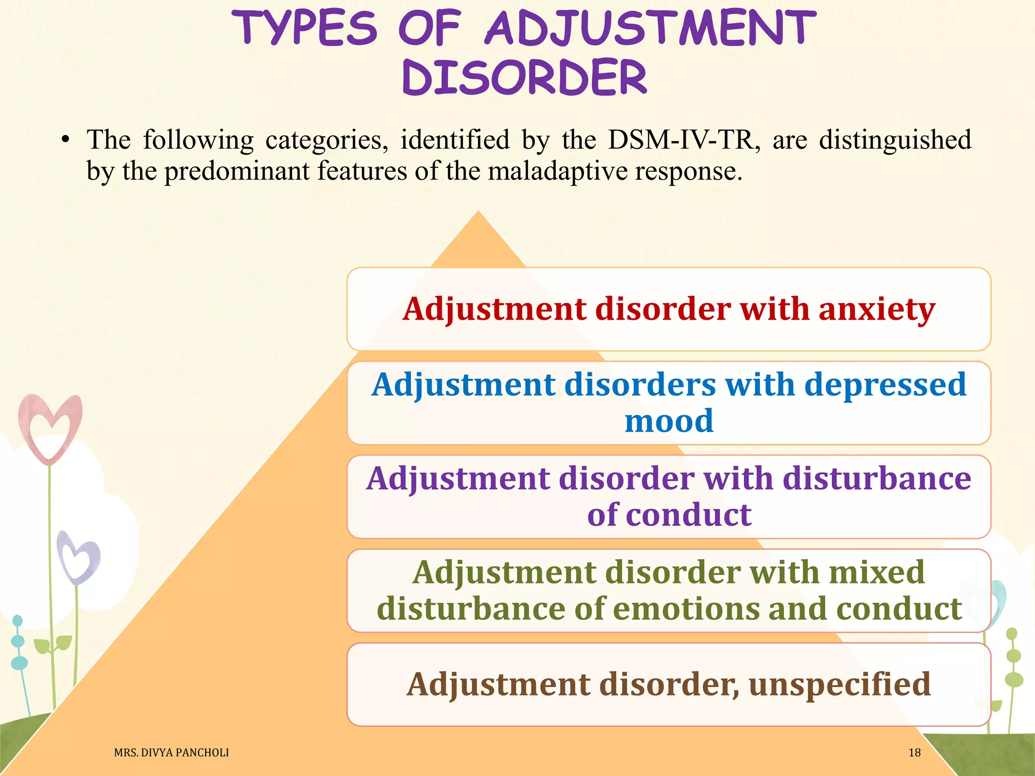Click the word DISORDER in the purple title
click(525, 77)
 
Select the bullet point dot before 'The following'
click(64, 140)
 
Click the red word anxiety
click(877, 309)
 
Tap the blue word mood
click(669, 421)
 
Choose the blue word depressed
click(885, 384)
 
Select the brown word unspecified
click(839, 684)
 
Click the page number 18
click(914, 753)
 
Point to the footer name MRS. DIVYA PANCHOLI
click(171, 753)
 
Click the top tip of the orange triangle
click(478, 212)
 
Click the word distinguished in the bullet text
click(895, 140)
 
